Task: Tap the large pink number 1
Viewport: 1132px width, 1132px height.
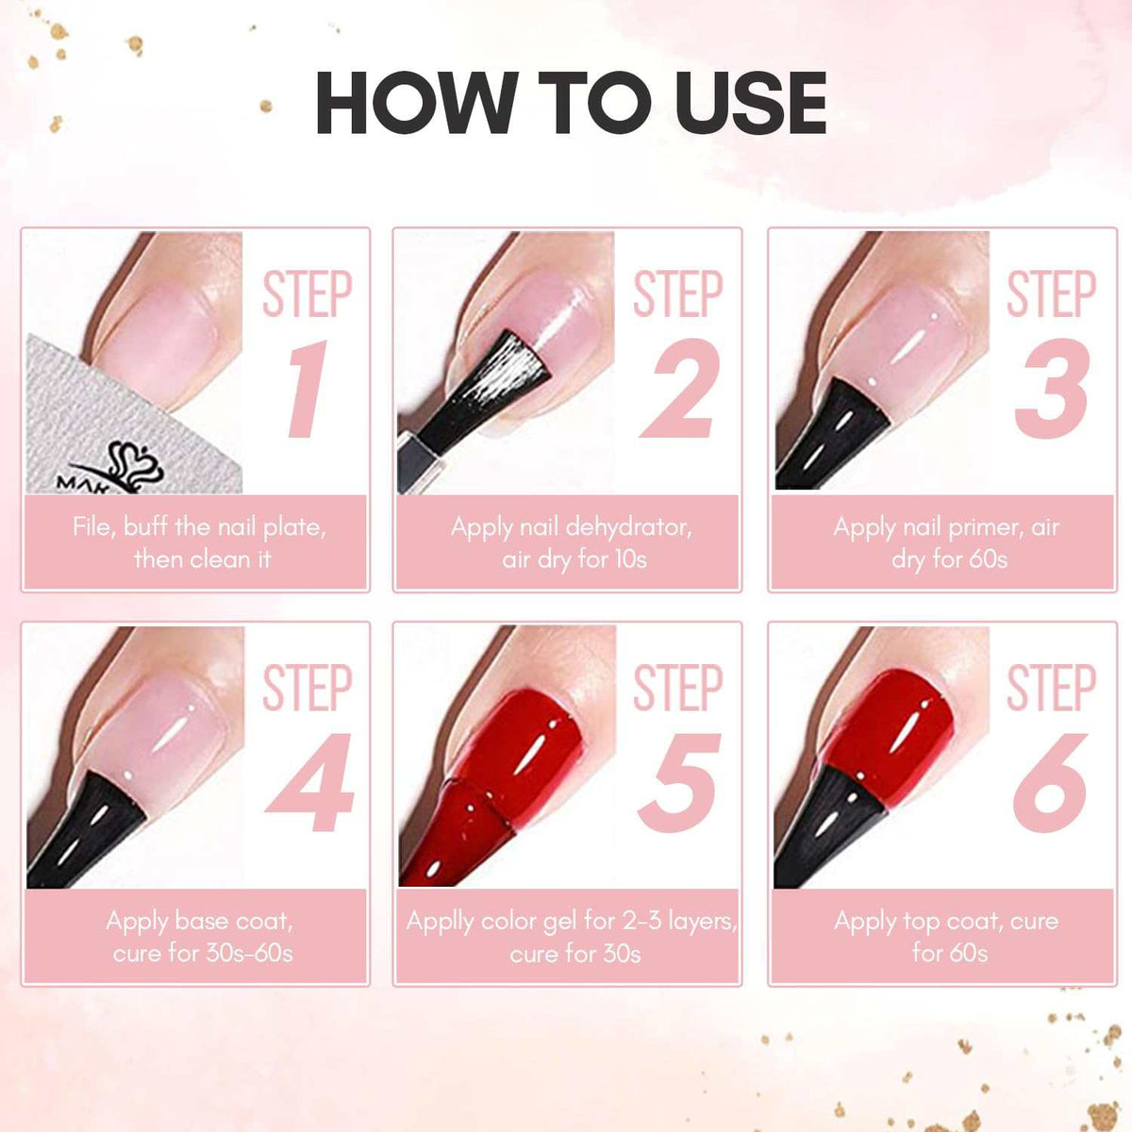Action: [x=307, y=390]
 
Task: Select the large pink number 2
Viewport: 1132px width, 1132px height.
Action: [x=677, y=390]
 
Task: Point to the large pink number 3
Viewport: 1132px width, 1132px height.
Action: [x=1051, y=390]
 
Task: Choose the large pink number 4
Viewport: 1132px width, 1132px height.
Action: [x=309, y=783]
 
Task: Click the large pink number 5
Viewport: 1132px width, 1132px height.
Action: [x=679, y=783]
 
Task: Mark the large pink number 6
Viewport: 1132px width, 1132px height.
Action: [x=1050, y=783]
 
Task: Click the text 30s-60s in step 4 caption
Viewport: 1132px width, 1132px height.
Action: [x=247, y=953]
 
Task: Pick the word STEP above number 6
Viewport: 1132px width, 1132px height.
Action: [x=1051, y=688]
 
